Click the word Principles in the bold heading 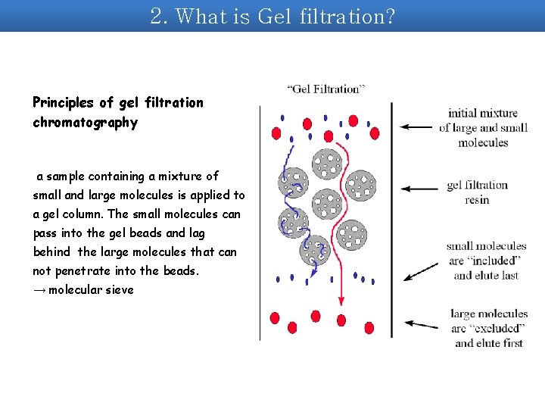[x=61, y=102]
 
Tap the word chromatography [x=85, y=122]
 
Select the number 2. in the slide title [x=159, y=16]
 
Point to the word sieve [x=120, y=289]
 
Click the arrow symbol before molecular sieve [x=39, y=289]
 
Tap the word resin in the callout [x=477, y=200]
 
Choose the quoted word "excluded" [x=497, y=328]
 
